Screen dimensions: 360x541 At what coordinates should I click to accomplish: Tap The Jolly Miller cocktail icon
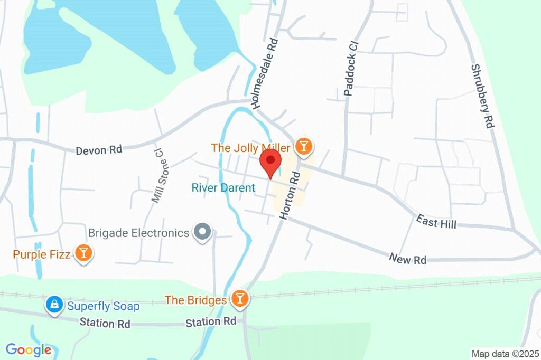(x=304, y=146)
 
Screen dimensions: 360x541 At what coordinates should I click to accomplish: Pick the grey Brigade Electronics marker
(x=202, y=232)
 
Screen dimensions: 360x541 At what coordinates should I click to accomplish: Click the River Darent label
(x=223, y=187)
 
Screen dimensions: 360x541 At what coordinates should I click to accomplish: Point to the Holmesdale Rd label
(x=265, y=73)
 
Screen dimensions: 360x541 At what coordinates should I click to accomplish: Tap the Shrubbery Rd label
(x=482, y=96)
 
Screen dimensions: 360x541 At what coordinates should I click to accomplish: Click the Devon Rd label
(x=99, y=150)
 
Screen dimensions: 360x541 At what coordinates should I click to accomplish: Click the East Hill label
(x=436, y=222)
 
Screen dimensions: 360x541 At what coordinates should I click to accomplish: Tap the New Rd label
(x=407, y=259)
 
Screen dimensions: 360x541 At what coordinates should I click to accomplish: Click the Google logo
(x=29, y=349)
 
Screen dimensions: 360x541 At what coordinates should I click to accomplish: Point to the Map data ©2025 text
(x=505, y=354)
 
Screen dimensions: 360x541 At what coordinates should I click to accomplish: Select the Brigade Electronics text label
(x=138, y=232)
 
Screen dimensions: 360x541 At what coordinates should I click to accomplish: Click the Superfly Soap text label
(x=103, y=306)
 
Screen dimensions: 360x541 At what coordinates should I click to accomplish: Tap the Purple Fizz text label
(x=42, y=254)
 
